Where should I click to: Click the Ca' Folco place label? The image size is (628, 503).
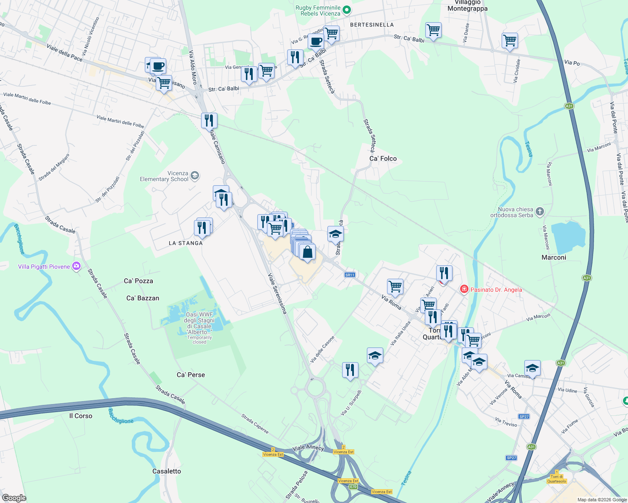383,158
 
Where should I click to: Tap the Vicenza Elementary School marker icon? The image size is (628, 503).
195,176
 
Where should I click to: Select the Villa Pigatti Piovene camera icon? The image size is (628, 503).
76,266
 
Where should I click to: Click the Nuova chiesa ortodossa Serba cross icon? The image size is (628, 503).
540,212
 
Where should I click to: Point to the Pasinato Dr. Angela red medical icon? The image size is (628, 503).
464,289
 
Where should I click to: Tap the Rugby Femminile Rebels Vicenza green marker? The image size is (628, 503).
347,10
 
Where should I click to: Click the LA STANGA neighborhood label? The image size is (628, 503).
186,243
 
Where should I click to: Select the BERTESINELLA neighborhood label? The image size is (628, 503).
372,25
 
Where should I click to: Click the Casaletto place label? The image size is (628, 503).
167,471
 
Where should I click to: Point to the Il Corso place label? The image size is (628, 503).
81,416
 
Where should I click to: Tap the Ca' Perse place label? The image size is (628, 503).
191,375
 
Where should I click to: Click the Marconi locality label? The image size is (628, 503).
554,257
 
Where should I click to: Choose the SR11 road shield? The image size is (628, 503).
350,275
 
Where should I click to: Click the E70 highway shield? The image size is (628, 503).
353,487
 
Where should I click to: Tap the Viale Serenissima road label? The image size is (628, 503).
277,294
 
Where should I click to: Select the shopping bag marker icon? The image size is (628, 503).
307,252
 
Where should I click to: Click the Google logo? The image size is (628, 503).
14,498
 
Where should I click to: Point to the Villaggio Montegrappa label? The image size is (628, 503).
467,5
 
